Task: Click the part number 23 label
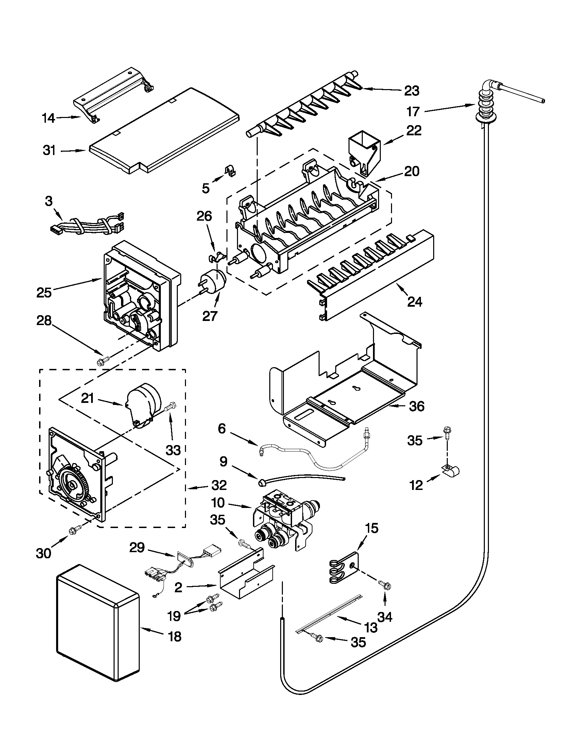pos(412,91)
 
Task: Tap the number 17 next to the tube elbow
pos(413,112)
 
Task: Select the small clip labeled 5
pos(232,171)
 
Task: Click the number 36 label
pos(417,407)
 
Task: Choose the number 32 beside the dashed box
pos(219,485)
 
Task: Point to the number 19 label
pos(174,616)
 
